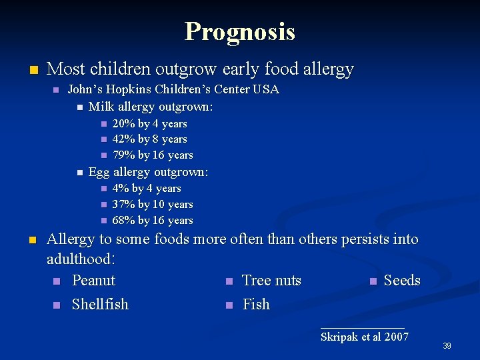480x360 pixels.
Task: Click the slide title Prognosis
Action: click(240, 31)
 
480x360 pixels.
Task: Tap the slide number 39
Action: click(447, 345)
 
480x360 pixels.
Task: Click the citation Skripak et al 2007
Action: click(364, 337)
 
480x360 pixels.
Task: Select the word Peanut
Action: click(93, 281)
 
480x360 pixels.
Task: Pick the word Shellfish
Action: click(100, 304)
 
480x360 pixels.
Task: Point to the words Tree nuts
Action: click(271, 281)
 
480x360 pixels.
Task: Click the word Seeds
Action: click(402, 281)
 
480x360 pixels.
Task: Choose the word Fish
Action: click(256, 304)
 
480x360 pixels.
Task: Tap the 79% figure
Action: click(123, 155)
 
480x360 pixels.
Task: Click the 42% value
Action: click(123, 139)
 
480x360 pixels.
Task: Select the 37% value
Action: click(123, 205)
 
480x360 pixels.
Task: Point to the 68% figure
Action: click(123, 221)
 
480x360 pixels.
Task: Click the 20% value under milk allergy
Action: click(123, 123)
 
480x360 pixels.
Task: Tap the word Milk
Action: click(100, 107)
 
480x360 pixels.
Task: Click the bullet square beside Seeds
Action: click(373, 281)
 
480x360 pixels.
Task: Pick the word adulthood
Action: click(80, 257)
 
